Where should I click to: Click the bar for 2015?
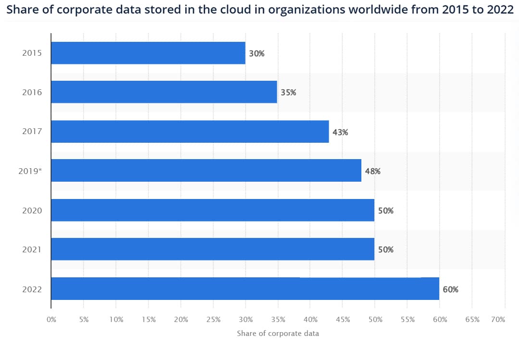coord(148,53)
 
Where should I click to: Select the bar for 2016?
coord(164,92)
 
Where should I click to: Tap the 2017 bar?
coord(190,131)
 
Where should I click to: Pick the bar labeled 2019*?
coord(206,171)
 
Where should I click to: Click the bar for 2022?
coord(245,289)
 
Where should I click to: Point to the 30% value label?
coord(257,53)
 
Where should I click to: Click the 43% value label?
coord(340,132)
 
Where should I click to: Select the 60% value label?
coord(450,289)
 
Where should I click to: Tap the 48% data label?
coord(372,171)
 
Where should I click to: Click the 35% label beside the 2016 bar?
coord(288,93)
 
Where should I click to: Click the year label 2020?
coord(32,211)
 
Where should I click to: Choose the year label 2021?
coord(32,250)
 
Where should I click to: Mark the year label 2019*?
coord(30,171)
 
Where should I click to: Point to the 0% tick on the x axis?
coord(51,320)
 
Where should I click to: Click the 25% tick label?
coord(213,320)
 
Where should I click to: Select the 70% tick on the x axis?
coord(498,320)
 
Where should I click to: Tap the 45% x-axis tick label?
coord(343,320)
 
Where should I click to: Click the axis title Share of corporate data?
coord(278,333)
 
